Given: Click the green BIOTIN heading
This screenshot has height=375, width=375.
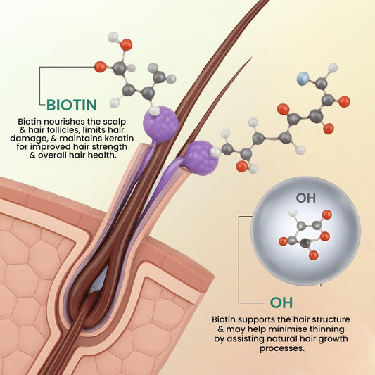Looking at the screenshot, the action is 72,105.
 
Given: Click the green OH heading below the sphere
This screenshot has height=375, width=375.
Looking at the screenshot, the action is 281,303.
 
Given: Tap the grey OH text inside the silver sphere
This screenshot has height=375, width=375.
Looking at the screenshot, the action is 306,198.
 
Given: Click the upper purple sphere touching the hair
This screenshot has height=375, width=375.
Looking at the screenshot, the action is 160,124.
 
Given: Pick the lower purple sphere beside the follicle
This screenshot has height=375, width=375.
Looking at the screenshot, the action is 202,158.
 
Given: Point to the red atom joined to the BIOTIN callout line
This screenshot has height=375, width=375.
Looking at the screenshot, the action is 100,67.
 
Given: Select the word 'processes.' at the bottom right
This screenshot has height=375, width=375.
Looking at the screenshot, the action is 282,348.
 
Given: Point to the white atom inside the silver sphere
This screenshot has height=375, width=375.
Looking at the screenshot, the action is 293,212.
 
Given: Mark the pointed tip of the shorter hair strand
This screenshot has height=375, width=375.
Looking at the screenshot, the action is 252,57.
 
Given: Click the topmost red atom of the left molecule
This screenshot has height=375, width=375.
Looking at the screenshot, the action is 126,45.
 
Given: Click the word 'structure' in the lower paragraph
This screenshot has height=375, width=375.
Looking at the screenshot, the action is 332,319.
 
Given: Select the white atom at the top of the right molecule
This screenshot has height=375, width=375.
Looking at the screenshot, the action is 333,68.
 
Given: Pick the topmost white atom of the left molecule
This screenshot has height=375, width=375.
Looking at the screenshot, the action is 113,37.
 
